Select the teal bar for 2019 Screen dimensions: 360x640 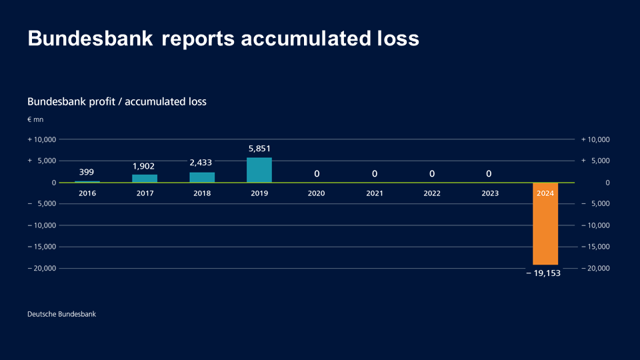(x=259, y=170)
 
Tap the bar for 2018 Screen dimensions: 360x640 (x=202, y=177)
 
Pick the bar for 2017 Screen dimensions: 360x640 (x=145, y=178)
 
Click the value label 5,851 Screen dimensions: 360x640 (x=259, y=149)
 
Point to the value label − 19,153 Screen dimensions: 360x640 (x=543, y=273)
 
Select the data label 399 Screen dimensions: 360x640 (x=87, y=172)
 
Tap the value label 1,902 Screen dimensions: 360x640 (x=145, y=165)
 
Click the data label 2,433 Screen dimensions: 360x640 (x=202, y=163)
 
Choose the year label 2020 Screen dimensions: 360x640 (x=317, y=193)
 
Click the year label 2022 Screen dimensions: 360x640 (x=431, y=193)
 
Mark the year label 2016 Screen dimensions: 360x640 (x=87, y=193)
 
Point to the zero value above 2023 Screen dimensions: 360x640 (x=489, y=174)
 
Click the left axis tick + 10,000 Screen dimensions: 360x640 (x=41, y=139)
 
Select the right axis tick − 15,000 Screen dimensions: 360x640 (x=595, y=247)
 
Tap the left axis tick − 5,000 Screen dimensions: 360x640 (x=42, y=204)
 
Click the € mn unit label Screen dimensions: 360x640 (x=35, y=120)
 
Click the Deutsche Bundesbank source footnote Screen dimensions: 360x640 (x=61, y=314)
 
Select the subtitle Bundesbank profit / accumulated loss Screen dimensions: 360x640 (x=117, y=102)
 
